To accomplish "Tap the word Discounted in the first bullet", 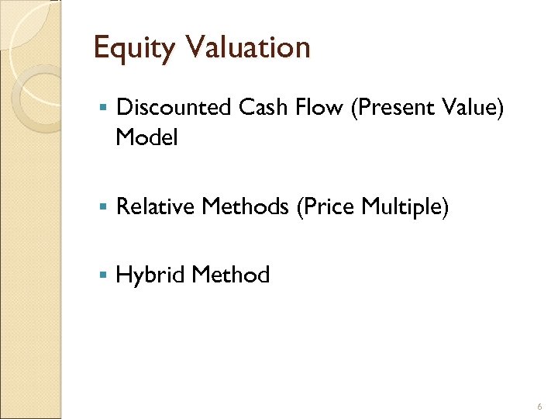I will (x=173, y=108).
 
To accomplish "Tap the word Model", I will (x=146, y=138).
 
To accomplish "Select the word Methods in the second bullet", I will (x=242, y=206).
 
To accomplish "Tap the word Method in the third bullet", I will (x=230, y=275).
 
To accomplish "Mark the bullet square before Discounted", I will (x=102, y=108).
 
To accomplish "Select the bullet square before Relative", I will (x=102, y=207).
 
